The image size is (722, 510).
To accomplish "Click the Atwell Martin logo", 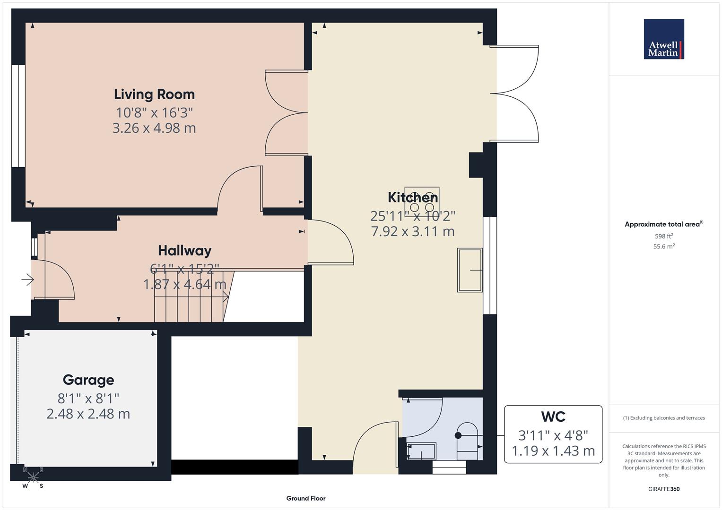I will pos(664,39).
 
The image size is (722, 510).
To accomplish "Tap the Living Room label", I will pos(154,94).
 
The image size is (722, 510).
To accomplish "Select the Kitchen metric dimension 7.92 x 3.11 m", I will pos(413,231).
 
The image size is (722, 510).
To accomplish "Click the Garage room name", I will pos(88,380).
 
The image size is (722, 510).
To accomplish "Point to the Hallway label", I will pos(184,250).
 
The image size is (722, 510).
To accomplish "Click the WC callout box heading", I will pos(553,417).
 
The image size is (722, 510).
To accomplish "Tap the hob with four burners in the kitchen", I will pos(422,203).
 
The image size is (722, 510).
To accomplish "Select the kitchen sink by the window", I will pos(470,270).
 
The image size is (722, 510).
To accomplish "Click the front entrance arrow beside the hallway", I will pos(27,280).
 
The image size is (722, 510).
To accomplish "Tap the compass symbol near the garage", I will pos(33,477).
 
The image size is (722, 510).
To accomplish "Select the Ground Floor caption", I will pos(306,498).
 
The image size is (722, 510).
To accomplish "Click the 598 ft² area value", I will pos(664,236).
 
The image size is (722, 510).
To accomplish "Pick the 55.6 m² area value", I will pos(664,246).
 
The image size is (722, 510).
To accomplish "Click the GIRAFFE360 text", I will pos(664,489).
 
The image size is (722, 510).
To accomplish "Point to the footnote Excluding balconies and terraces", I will pos(664,418).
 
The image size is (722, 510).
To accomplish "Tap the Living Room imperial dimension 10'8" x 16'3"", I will pos(154,112).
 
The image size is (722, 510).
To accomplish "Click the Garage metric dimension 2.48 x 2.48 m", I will pos(88,414).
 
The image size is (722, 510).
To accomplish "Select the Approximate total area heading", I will pos(663,224).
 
